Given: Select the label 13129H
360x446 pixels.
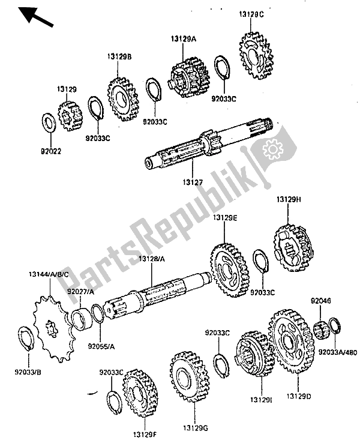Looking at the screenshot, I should point(289,199).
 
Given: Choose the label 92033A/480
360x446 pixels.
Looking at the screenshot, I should point(337,352).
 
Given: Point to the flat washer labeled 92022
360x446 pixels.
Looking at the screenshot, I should point(49,122).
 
